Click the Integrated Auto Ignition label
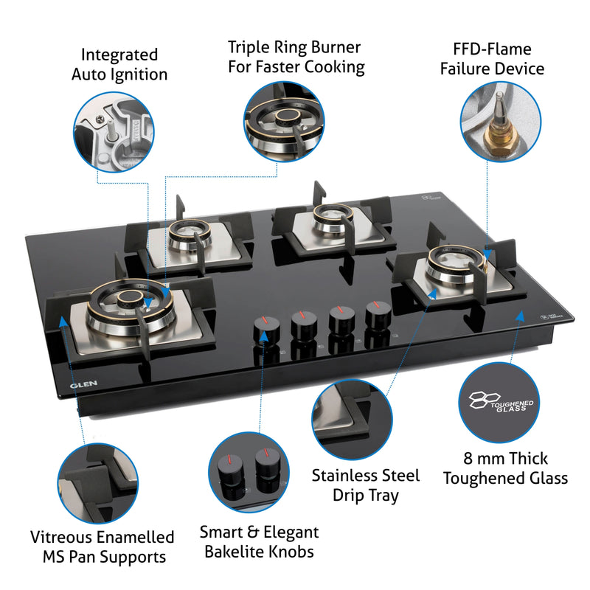(119, 64)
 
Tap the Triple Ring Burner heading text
(294, 57)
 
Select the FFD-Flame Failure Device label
(492, 59)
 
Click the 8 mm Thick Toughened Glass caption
(505, 468)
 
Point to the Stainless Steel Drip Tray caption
(365, 485)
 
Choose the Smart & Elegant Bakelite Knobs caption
(260, 541)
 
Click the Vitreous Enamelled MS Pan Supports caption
(103, 546)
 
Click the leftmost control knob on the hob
(263, 327)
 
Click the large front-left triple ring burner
(118, 311)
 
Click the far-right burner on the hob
(452, 265)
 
